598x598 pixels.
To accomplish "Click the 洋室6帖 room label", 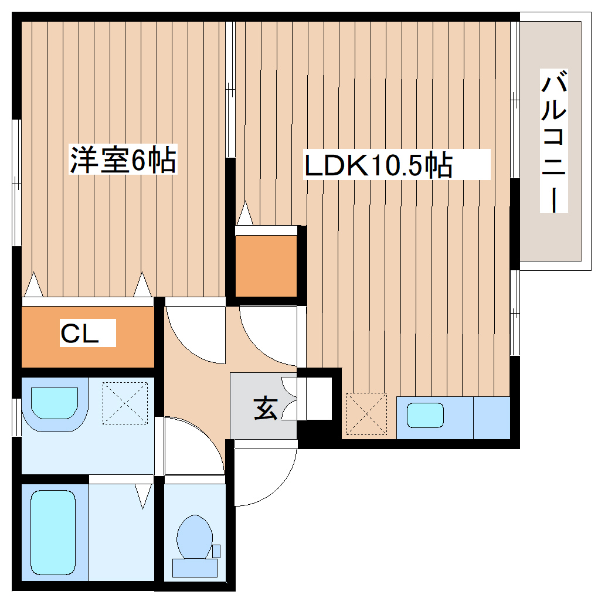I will (123, 159).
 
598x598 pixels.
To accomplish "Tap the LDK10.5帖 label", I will (378, 165).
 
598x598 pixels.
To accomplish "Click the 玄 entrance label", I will (265, 408).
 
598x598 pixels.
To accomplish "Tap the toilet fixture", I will (193, 535).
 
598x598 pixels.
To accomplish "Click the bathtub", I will (53, 532).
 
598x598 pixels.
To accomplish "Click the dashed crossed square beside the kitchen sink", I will (366, 414).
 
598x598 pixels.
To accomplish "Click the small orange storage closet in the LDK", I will (266, 266).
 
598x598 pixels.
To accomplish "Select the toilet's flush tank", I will (195, 568).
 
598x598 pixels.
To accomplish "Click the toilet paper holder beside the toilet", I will (216, 551).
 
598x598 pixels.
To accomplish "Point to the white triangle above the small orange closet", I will (244, 214).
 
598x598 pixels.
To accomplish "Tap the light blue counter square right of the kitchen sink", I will (491, 417).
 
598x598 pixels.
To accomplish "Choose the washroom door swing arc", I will (193, 446).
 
